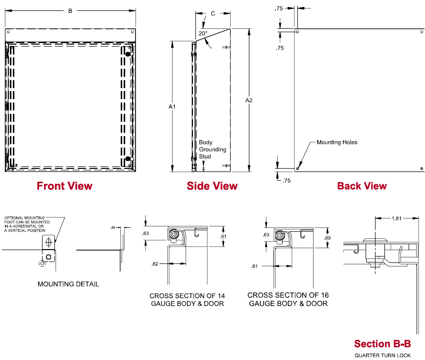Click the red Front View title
click(x=64, y=186)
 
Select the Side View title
click(x=212, y=186)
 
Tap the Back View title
click(x=362, y=186)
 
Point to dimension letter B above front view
click(x=70, y=10)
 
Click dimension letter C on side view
click(x=213, y=13)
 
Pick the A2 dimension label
click(x=249, y=101)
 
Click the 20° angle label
click(x=203, y=33)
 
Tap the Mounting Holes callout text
click(x=337, y=143)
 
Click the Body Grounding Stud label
click(x=212, y=150)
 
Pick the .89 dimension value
click(x=328, y=238)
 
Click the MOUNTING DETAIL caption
click(x=68, y=284)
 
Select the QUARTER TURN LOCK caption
click(x=382, y=355)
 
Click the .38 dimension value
click(x=113, y=227)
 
